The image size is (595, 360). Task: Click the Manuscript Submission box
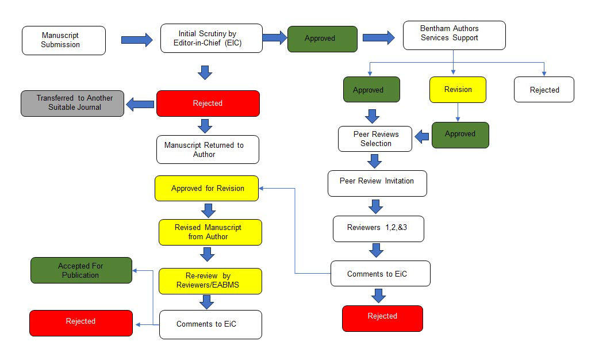[x=64, y=40]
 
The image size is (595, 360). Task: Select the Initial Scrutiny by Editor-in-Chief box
[x=211, y=38]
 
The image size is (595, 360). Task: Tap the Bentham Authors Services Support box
[x=454, y=35]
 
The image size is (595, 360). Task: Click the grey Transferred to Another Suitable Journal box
[x=72, y=103]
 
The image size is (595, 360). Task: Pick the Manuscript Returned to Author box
[x=208, y=150]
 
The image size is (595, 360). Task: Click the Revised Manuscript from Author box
[x=210, y=232]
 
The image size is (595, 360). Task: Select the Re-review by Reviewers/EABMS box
[x=210, y=281]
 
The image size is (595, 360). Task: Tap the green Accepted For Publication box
[x=81, y=270]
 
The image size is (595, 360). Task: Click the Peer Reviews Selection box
[x=375, y=139]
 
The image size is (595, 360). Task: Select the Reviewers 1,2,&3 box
[x=378, y=228]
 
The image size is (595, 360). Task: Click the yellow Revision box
[x=458, y=90]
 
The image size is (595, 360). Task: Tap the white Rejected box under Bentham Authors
[x=544, y=90]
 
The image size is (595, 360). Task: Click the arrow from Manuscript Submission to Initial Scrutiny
[x=136, y=40]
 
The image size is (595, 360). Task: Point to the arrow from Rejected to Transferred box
[x=140, y=104]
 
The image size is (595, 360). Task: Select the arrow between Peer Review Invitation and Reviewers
[x=376, y=206]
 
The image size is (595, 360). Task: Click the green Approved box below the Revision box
[x=460, y=135]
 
